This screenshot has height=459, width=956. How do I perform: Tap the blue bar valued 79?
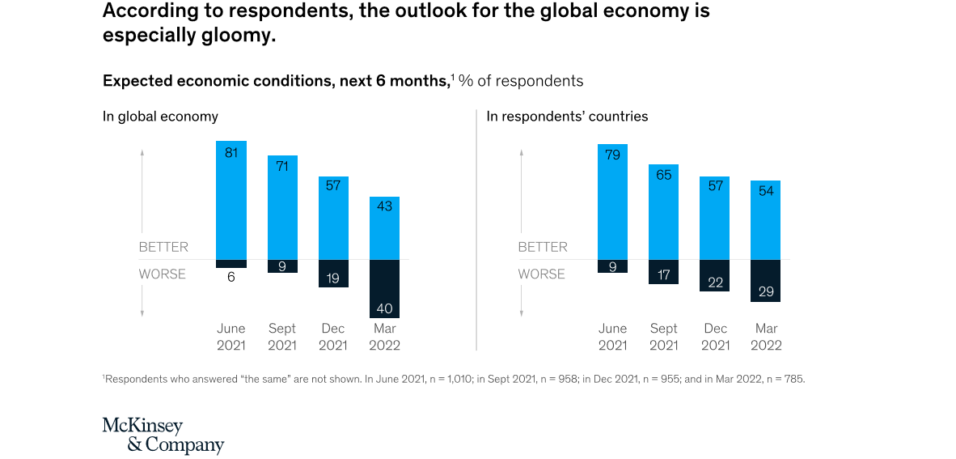612,202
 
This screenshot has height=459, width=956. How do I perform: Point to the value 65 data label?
664,175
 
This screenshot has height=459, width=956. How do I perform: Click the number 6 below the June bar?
231,278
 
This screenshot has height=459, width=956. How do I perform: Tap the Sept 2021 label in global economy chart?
282,337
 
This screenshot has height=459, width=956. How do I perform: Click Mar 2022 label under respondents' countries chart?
766,337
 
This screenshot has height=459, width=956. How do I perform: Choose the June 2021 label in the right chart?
612,337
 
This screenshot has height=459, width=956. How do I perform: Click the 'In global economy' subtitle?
160,117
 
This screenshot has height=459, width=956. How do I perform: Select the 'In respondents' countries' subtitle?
567,117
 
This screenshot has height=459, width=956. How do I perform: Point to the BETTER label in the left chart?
163,247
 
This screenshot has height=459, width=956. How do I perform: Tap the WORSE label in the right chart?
542,274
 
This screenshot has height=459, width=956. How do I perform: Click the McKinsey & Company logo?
163,436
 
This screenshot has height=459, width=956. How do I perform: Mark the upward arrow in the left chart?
142,153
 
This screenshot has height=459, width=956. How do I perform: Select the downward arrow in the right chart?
522,311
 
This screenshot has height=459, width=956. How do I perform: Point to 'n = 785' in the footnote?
783,379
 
